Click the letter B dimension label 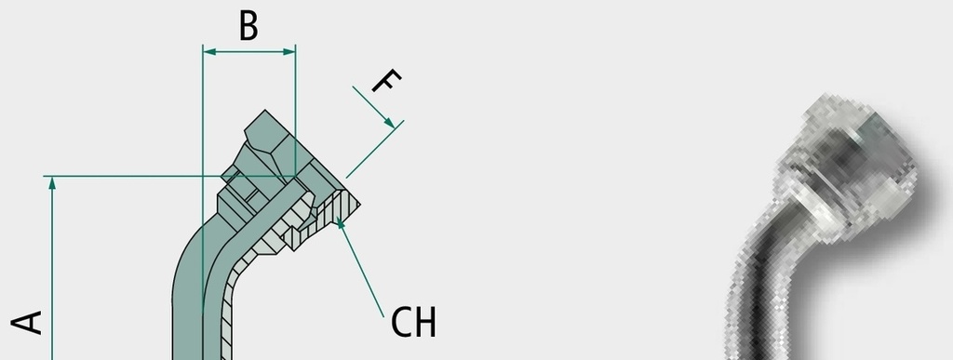click(248, 26)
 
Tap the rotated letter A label click(27, 323)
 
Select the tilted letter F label click(386, 81)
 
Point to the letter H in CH click(424, 323)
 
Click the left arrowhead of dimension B click(209, 52)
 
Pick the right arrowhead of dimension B click(289, 52)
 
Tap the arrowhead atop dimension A click(52, 182)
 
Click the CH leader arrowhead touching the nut click(341, 224)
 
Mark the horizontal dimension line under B click(249, 52)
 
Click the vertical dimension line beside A click(52, 268)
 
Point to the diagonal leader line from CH click(360, 268)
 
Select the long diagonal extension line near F click(375, 150)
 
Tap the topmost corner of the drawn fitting click(264, 111)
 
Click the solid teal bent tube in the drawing click(195, 273)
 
